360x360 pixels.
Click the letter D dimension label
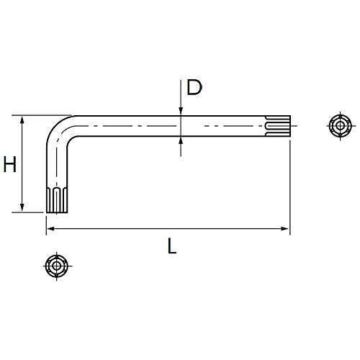(194, 87)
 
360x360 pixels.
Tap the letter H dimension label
(10, 164)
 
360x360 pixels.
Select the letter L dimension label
(172, 246)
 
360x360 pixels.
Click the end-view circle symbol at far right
(340, 125)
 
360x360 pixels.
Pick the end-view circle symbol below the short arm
(57, 266)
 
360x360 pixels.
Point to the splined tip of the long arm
(278, 126)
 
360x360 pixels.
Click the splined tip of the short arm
(57, 199)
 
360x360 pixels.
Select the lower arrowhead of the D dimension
(181, 140)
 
